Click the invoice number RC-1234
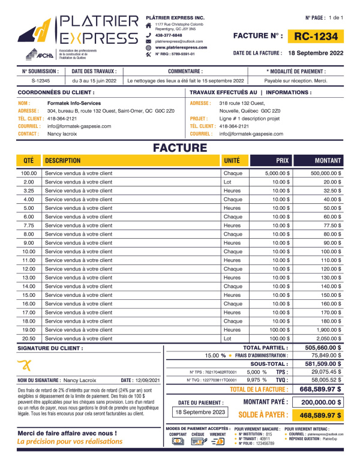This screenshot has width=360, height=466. point(316,37)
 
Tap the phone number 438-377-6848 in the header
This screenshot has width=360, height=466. point(169,35)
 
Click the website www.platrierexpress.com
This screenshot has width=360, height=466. point(181,47)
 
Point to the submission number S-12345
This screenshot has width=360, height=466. point(41,80)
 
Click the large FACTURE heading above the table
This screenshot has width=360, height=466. point(180,148)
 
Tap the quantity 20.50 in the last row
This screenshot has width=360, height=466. point(28,338)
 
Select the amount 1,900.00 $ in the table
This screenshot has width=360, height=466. point(327,330)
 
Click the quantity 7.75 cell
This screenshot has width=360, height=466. point(28,225)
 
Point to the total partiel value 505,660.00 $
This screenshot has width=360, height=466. point(323,347)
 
